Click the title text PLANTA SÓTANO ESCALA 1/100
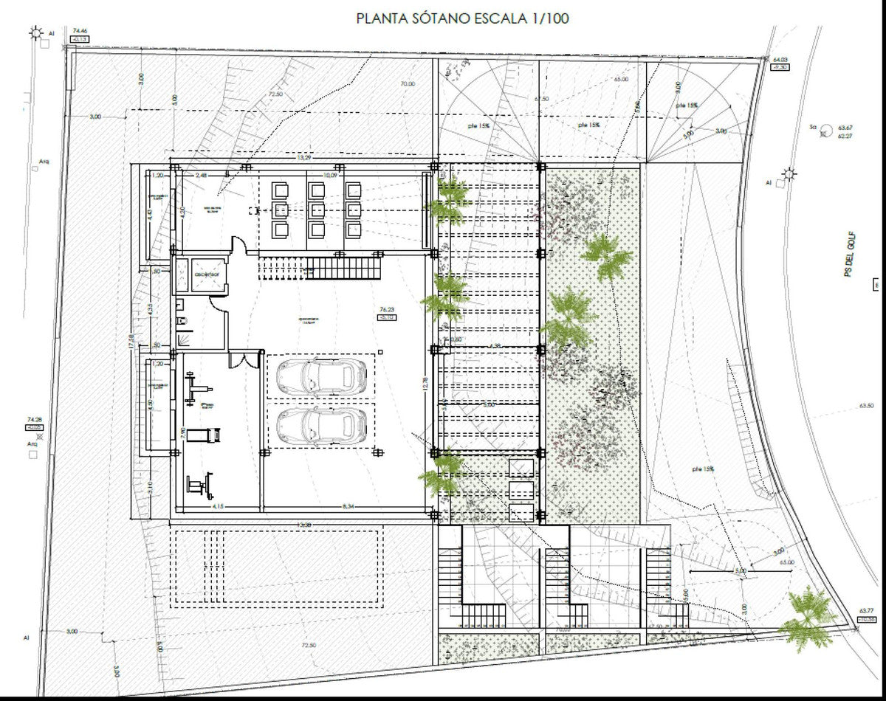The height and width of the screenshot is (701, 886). click(462, 18)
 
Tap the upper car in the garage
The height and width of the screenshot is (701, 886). click(322, 376)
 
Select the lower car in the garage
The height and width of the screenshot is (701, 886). click(322, 425)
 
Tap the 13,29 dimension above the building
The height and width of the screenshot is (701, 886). click(303, 157)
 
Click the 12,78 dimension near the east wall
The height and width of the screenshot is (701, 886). click(425, 384)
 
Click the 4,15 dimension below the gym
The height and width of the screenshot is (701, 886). click(218, 506)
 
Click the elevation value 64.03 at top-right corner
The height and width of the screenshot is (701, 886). click(780, 60)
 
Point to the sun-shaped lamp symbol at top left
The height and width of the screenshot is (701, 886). click(35, 32)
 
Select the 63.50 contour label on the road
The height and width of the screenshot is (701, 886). click(866, 406)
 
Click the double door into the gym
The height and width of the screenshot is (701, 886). click(238, 359)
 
